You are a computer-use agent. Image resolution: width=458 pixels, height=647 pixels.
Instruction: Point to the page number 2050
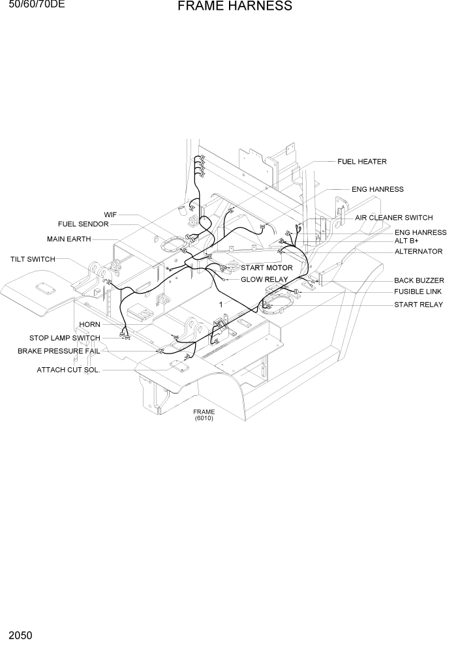coord(22,635)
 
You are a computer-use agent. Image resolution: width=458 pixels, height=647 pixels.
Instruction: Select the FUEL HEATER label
coord(361,162)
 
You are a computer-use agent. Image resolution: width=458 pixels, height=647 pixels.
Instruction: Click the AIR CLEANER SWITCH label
coord(393,218)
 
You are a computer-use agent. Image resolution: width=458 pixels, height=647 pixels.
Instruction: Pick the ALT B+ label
coord(406,241)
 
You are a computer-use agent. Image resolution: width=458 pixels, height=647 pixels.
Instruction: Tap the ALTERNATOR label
coord(418,252)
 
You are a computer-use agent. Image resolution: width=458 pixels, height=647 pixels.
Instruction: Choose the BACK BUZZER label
coord(419,280)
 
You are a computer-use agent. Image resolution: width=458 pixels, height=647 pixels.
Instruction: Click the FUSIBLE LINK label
coord(418,292)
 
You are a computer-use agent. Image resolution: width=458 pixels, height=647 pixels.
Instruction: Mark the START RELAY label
coord(418,305)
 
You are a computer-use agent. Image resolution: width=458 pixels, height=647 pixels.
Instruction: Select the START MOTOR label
coord(267,268)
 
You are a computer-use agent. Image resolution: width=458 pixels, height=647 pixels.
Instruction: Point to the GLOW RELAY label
coord(264,280)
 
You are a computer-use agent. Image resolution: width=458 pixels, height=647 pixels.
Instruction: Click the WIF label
coord(110,215)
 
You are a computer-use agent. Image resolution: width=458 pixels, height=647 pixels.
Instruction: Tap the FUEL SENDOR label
coord(84,224)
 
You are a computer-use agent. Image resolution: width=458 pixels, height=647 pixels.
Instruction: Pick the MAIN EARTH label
coord(69,239)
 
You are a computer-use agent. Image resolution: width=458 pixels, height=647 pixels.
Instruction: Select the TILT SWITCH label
coord(33,260)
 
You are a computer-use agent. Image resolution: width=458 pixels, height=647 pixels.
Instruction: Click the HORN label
coord(89,325)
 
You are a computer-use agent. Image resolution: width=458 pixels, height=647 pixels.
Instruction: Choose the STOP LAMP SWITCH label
coord(65,338)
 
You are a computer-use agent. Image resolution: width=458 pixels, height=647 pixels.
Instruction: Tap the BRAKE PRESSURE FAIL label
coord(59,351)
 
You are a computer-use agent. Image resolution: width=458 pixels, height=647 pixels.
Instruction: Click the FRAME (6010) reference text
coord(204,415)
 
